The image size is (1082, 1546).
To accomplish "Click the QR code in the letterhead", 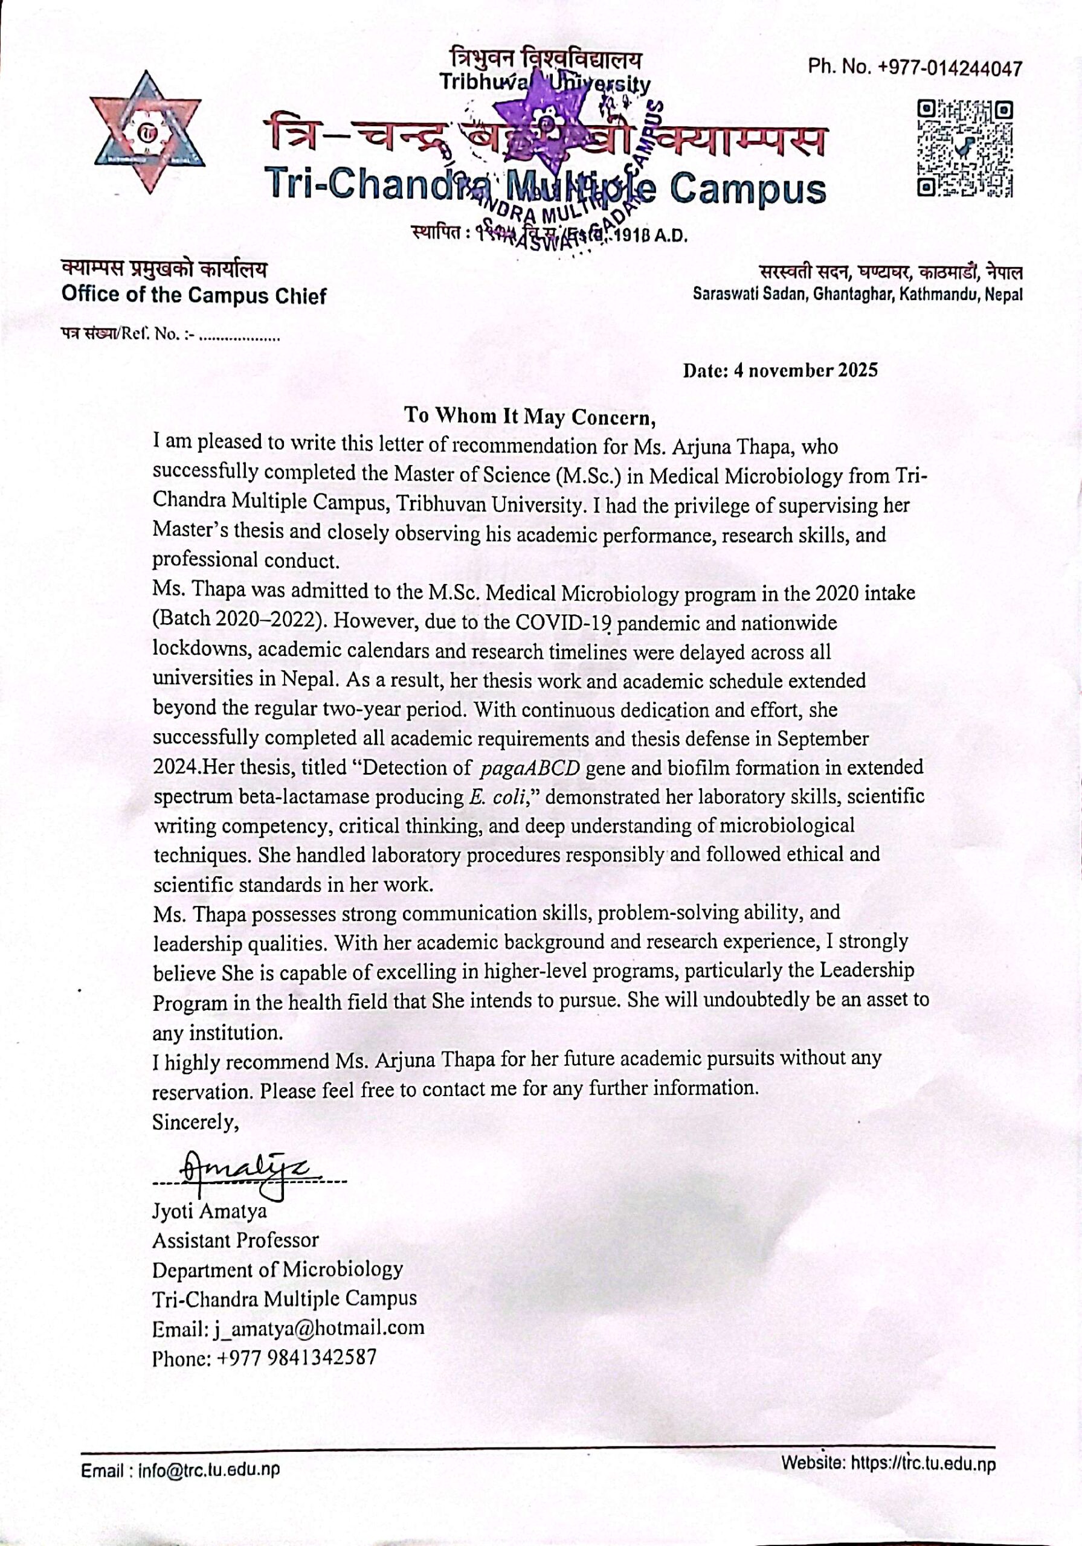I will click(965, 147).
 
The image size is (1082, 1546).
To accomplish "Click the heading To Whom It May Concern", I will click(530, 415).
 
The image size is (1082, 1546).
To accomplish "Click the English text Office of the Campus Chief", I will click(193, 295).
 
